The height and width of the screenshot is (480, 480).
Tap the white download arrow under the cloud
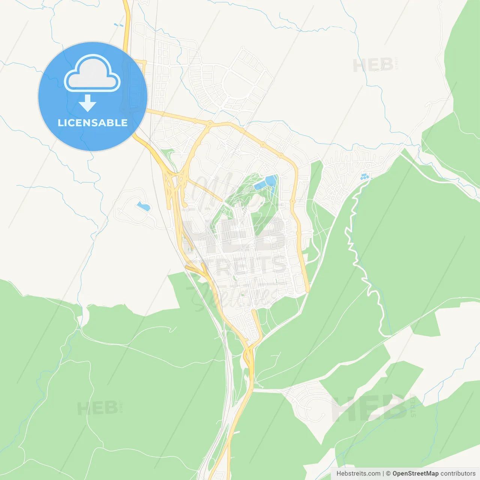coord(87,103)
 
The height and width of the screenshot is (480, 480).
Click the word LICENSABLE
coord(93,123)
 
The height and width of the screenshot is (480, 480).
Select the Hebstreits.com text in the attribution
coord(358,474)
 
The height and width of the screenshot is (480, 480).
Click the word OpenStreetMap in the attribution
coord(415,474)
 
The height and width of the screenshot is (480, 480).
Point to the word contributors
coord(458,474)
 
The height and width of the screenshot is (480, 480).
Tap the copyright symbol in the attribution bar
coord(388,474)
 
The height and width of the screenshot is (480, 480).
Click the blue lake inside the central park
coord(267,182)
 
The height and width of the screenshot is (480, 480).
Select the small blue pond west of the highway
coord(143,206)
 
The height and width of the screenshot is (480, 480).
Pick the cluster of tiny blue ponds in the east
coord(364,176)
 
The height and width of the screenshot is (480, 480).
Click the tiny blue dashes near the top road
coord(118,25)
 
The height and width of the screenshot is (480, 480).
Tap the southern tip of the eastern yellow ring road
coord(307,290)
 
